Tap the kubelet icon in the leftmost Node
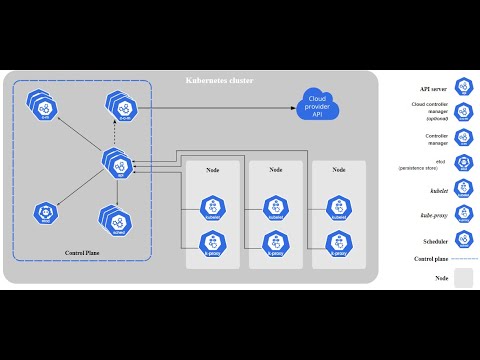(212, 207)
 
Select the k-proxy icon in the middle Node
(276, 242)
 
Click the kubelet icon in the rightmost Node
(338, 207)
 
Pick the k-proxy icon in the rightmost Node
(338, 242)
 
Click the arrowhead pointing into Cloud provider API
(297, 105)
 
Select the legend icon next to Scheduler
(464, 239)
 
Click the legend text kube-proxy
(432, 214)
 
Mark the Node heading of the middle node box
(276, 170)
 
